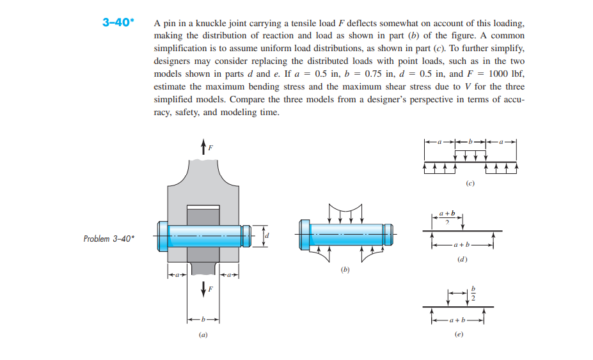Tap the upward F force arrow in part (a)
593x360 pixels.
pos(203,146)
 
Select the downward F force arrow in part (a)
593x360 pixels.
pos(203,289)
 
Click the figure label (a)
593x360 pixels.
pos(203,334)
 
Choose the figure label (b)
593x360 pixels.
pos(345,270)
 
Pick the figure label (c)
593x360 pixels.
pos(470,184)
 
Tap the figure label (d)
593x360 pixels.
pos(461,261)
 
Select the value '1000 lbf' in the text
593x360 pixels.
pos(505,74)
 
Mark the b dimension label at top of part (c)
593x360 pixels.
pos(470,141)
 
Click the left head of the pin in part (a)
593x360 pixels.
pos(162,236)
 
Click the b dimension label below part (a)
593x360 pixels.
pos(203,318)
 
